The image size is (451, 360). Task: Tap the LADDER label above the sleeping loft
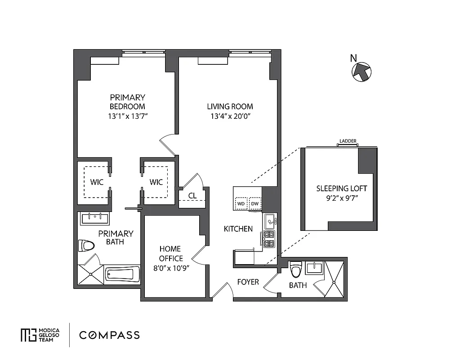pos(348,141)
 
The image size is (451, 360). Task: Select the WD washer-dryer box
pos(241,203)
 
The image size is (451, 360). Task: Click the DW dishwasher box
pos(255,203)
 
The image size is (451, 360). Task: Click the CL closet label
pos(192,195)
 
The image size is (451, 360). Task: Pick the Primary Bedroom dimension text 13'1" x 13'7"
pos(127,116)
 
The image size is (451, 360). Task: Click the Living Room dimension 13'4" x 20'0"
pos(230,116)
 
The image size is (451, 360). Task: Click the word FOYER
pos(248,282)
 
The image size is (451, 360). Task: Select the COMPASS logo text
pos(109,335)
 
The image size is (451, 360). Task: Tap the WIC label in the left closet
pos(97,182)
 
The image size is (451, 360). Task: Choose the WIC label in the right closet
pos(156,182)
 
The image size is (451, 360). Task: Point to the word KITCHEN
pos(238,229)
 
